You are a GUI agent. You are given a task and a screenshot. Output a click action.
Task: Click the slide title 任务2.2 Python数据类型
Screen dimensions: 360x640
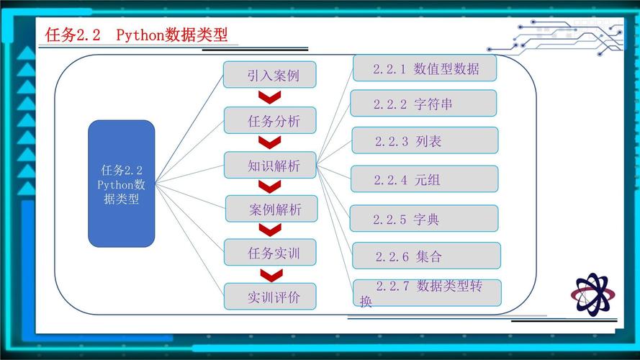pyautogui.click(x=137, y=35)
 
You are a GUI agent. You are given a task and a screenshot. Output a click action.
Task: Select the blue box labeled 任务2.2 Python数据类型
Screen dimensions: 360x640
pyautogui.click(x=121, y=184)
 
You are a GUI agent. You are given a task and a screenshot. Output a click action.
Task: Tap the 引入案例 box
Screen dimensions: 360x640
pyautogui.click(x=270, y=75)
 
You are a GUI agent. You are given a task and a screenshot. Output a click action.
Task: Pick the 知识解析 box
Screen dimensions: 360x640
pyautogui.click(x=271, y=165)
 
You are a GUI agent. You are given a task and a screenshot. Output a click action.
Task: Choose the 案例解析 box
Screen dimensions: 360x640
pyautogui.click(x=271, y=209)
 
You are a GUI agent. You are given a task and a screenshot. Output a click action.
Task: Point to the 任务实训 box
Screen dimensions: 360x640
pyautogui.click(x=271, y=253)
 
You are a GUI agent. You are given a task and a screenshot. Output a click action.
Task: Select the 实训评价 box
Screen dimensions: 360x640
pyautogui.click(x=271, y=296)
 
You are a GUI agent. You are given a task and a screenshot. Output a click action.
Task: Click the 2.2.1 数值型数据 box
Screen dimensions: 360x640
pyautogui.click(x=425, y=68)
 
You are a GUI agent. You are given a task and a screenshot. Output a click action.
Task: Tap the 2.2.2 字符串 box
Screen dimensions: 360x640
pyautogui.click(x=423, y=104)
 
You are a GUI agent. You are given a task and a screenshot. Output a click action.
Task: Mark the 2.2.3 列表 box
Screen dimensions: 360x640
pyautogui.click(x=425, y=140)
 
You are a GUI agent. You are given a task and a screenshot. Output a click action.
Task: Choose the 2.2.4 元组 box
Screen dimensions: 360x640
pyautogui.click(x=424, y=179)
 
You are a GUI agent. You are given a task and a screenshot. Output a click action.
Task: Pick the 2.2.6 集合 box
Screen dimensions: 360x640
pyautogui.click(x=426, y=256)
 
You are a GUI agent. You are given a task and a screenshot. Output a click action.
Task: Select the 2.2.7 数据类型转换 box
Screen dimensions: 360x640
pyautogui.click(x=426, y=292)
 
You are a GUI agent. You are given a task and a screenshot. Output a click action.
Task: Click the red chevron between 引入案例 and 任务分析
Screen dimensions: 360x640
pyautogui.click(x=270, y=98)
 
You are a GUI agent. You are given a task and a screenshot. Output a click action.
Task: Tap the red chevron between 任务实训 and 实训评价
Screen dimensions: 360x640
pyautogui.click(x=270, y=274)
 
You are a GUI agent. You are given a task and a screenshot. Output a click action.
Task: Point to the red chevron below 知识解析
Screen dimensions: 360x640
pyautogui.click(x=270, y=186)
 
